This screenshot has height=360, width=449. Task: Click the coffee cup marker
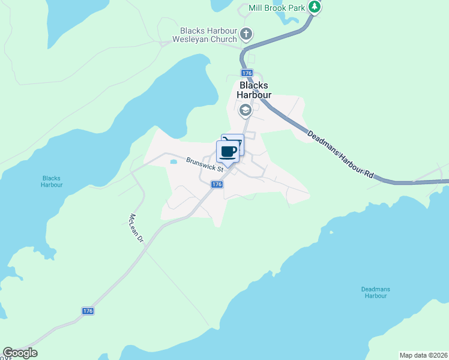click(x=228, y=151)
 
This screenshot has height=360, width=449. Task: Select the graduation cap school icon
click(x=245, y=110)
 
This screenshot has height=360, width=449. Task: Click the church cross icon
click(x=246, y=34)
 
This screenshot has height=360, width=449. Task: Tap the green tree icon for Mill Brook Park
click(x=314, y=7)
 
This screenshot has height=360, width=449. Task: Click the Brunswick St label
click(x=205, y=165)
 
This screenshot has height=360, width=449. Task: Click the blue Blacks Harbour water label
click(x=52, y=181)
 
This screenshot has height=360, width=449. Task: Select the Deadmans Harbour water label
click(x=375, y=292)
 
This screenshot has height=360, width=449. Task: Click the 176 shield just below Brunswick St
click(x=217, y=185)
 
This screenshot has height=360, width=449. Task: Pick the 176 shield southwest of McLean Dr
click(x=88, y=311)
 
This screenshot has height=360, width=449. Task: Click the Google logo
click(x=20, y=353)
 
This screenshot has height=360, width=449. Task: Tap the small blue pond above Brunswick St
click(x=173, y=161)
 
